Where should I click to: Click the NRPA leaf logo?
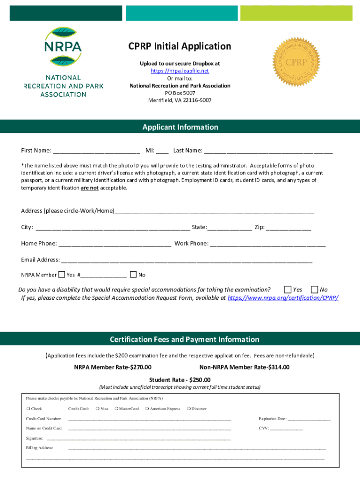[63, 47]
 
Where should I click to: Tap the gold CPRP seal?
[296, 62]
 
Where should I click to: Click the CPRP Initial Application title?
[180, 46]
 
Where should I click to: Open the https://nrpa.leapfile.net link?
[180, 71]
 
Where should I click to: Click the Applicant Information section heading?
[180, 127]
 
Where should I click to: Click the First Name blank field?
[96, 151]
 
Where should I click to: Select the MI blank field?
[162, 151]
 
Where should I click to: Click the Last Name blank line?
[268, 151]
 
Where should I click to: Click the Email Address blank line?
[187, 260]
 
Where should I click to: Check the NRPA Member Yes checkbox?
[62, 275]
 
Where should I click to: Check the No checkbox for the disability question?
[314, 290]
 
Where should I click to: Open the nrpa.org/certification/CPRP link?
[283, 298]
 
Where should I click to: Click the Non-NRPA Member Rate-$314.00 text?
[245, 367]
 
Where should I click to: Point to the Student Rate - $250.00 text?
[180, 379]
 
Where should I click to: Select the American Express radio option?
[147, 409]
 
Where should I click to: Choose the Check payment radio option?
[28, 409]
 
